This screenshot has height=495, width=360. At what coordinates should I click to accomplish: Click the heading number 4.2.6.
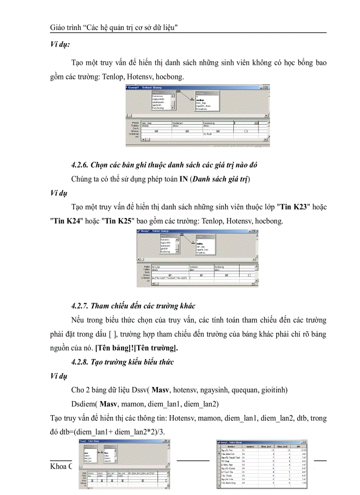[x=81, y=165]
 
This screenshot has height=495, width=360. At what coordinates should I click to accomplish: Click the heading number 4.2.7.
[x=81, y=306]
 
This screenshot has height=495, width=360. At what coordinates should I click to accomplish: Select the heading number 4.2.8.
[x=81, y=362]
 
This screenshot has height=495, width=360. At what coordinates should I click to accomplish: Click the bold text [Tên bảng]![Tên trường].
[x=137, y=348]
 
